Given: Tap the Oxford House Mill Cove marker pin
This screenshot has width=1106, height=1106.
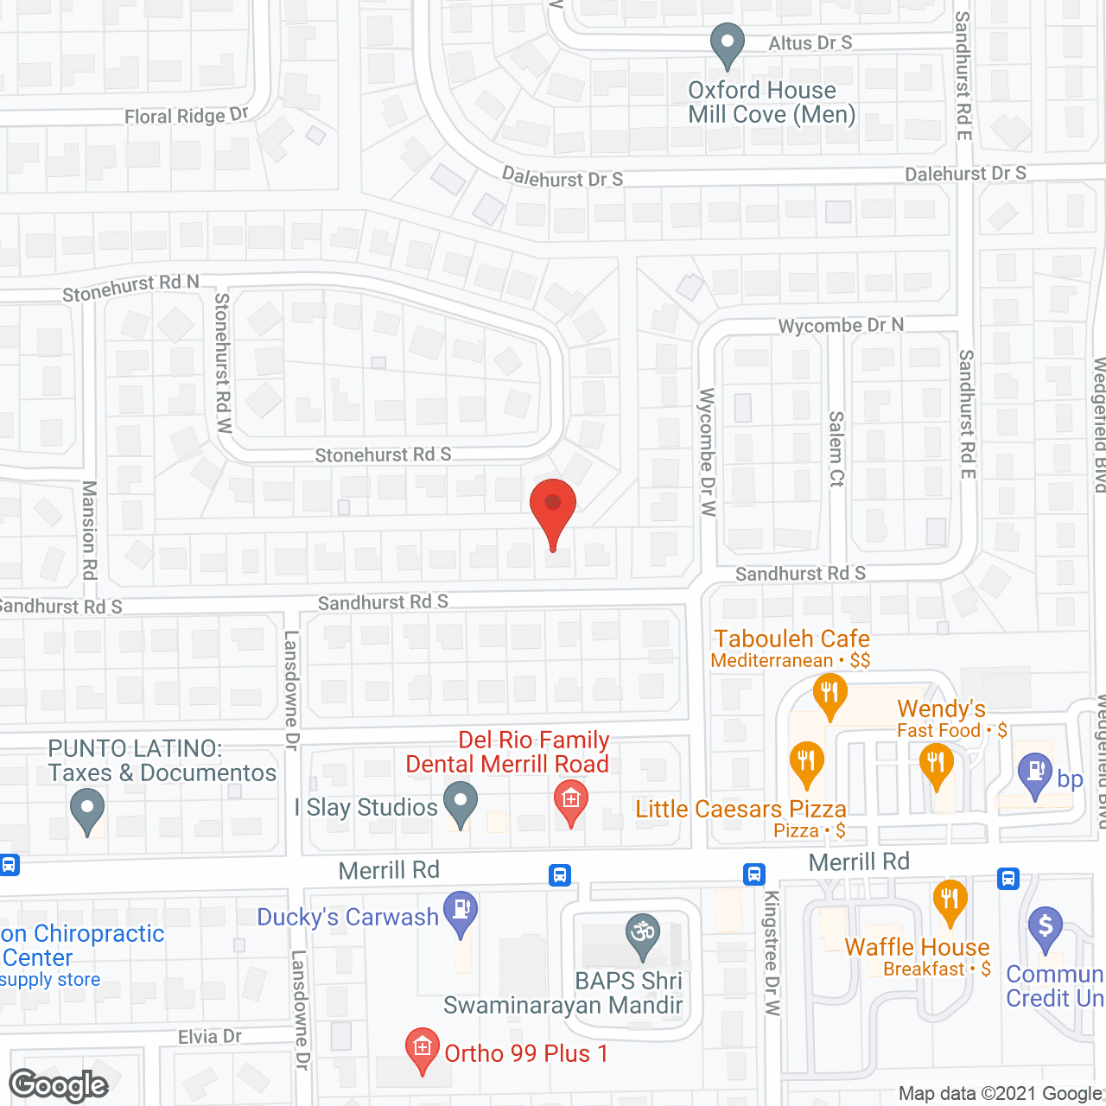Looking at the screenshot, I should (727, 44).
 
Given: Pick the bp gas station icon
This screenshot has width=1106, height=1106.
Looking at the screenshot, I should (1034, 774).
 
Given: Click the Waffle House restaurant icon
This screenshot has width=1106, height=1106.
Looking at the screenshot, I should (950, 901).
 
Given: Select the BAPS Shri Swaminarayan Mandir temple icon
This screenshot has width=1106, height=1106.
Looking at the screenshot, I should (643, 935).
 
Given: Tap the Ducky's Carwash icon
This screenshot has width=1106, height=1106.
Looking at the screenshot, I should (461, 912).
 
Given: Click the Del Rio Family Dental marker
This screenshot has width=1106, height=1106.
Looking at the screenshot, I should (570, 801).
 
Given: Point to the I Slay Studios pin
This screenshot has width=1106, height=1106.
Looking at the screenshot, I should (461, 803).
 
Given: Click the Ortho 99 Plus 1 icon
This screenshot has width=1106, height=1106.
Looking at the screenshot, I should (422, 1050).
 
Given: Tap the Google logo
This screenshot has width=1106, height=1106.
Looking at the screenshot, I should (59, 1085).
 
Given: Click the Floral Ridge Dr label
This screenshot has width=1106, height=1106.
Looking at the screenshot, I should (186, 116).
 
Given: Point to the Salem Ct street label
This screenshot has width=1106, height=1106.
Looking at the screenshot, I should (836, 449).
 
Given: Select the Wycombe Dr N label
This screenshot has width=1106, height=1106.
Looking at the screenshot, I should (841, 326).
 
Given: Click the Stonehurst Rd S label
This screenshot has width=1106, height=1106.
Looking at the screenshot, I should (383, 454).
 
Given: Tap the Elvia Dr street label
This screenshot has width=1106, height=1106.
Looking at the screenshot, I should (209, 1037).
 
